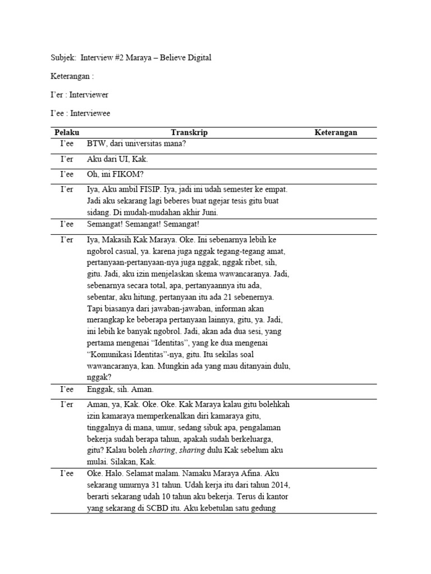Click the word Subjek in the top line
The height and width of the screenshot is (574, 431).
coord(63,57)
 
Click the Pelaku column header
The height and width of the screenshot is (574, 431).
coord(67,132)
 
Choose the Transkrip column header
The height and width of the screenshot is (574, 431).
coord(189,132)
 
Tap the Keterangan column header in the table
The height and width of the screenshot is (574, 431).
coord(336,132)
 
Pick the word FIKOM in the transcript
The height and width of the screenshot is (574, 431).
coord(120,175)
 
